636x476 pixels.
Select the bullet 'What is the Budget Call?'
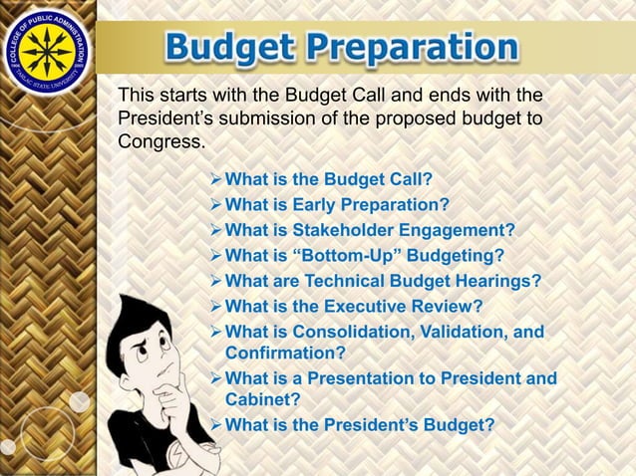329,181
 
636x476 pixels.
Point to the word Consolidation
352,331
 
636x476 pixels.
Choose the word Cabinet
260,399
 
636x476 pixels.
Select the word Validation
464,331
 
